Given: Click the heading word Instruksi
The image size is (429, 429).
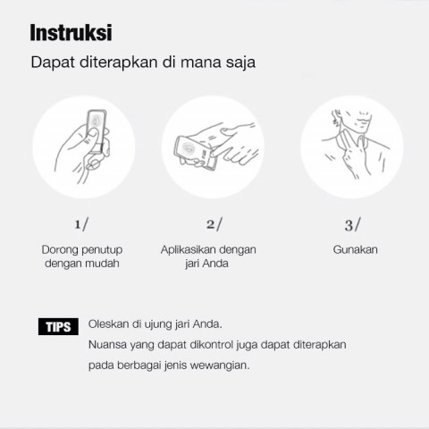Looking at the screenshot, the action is [x=71, y=32].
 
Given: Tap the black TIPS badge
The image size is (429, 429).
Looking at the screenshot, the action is [x=58, y=326].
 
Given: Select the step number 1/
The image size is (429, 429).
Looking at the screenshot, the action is [x=81, y=224].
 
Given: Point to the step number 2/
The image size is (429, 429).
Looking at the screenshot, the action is [x=214, y=224].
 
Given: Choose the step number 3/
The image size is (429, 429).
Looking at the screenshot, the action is [x=353, y=224].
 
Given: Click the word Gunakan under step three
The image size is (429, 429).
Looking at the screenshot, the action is [x=356, y=249].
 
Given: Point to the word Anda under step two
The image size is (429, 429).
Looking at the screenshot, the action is [x=214, y=264].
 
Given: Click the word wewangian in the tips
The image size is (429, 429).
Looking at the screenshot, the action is [x=220, y=366].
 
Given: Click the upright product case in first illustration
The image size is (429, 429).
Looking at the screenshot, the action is [x=97, y=131].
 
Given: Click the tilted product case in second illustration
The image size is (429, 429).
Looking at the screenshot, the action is [x=195, y=153].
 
